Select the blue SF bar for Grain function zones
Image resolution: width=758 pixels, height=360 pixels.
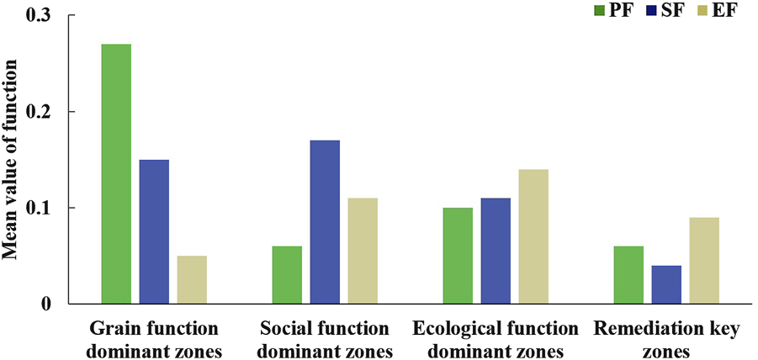(154, 231)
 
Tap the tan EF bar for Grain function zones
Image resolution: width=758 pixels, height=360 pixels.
(192, 279)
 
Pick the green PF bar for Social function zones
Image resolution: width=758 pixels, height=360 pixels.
(287, 274)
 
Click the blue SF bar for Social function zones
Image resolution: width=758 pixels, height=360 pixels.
(325, 222)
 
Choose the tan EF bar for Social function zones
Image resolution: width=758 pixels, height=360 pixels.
(363, 251)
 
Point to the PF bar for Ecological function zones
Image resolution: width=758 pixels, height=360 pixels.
(458, 256)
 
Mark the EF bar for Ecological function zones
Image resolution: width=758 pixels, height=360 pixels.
(533, 236)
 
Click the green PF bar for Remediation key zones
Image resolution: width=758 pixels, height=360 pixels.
(628, 274)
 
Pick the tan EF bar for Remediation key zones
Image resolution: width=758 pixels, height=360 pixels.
(704, 260)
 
